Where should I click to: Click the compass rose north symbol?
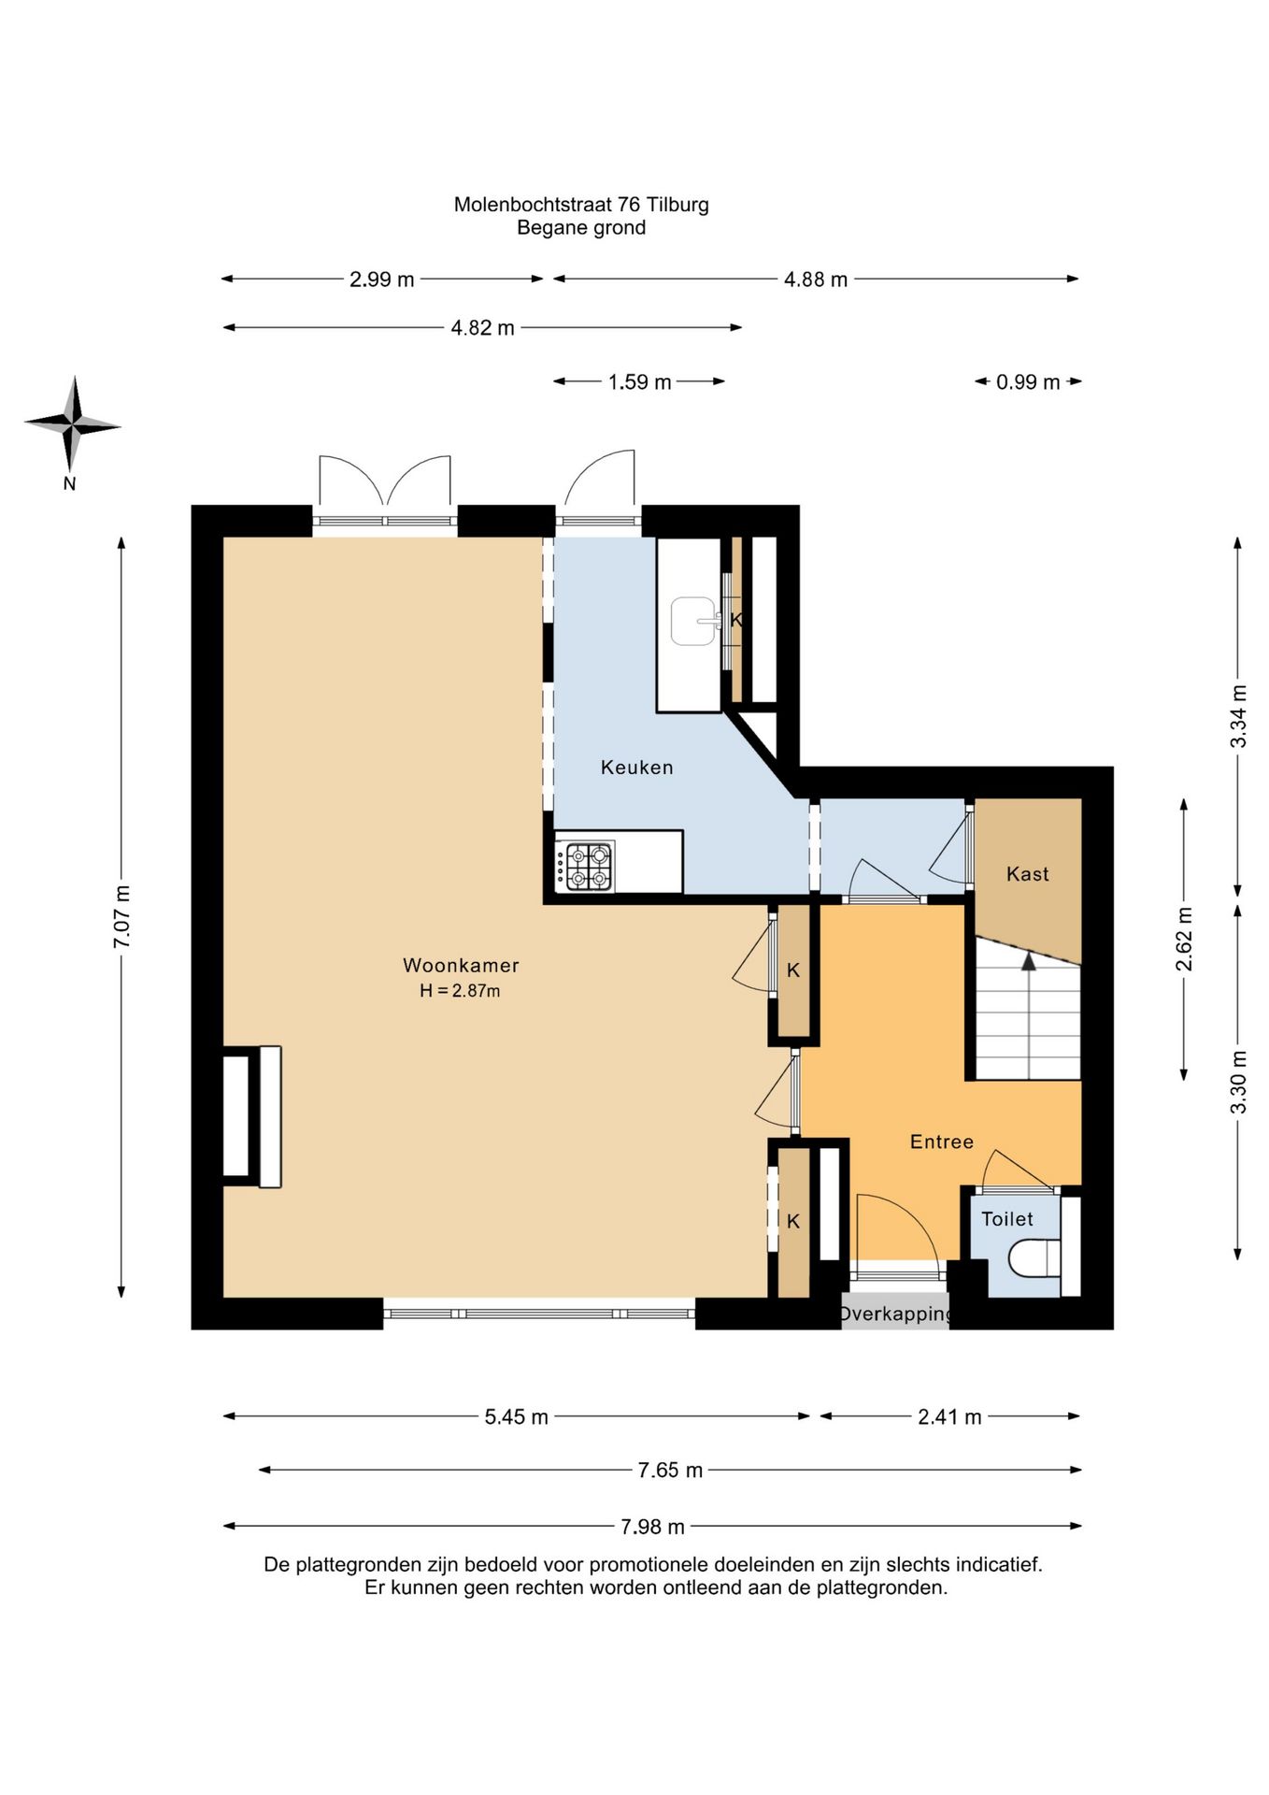pos(72,424)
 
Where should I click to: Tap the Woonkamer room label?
pos(461,965)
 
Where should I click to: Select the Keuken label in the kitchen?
pos(636,768)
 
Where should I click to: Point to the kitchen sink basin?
pos(695,621)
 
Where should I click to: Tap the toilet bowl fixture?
pos(1035,1256)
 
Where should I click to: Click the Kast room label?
pos(1028,874)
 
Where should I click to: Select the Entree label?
pos(942,1142)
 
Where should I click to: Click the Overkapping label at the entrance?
pos(895,1314)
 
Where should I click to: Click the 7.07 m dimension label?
pos(121,917)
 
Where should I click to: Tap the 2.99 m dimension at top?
pos(381,280)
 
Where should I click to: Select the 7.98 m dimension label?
pos(652,1527)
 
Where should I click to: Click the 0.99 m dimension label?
pos(1028,382)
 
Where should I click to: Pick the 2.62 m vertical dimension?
pos(1184,939)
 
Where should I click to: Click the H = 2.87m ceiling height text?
pos(460,991)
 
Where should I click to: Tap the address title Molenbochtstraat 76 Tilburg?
pos(581,204)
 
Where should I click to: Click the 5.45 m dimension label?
pos(516,1417)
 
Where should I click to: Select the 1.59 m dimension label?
pos(639,382)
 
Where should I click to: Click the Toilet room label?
pos(1007,1219)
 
